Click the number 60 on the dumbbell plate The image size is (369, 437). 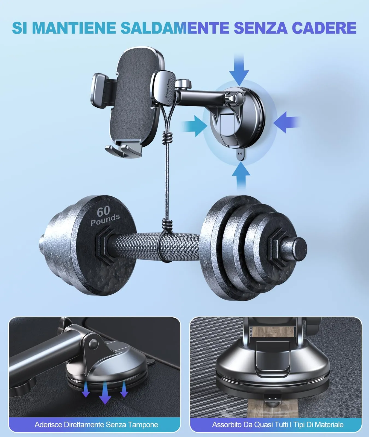click(x=103, y=211)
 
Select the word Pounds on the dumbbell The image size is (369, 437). click(x=105, y=220)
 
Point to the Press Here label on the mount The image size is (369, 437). click(x=168, y=88)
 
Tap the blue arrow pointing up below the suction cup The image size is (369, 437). click(x=241, y=175)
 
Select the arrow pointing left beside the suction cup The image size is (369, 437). click(x=286, y=122)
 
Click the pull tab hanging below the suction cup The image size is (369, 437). click(x=240, y=155)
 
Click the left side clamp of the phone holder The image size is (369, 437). click(x=99, y=90)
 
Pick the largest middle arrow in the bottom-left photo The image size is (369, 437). click(x=105, y=393)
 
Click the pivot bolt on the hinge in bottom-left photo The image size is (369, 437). click(x=93, y=343)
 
